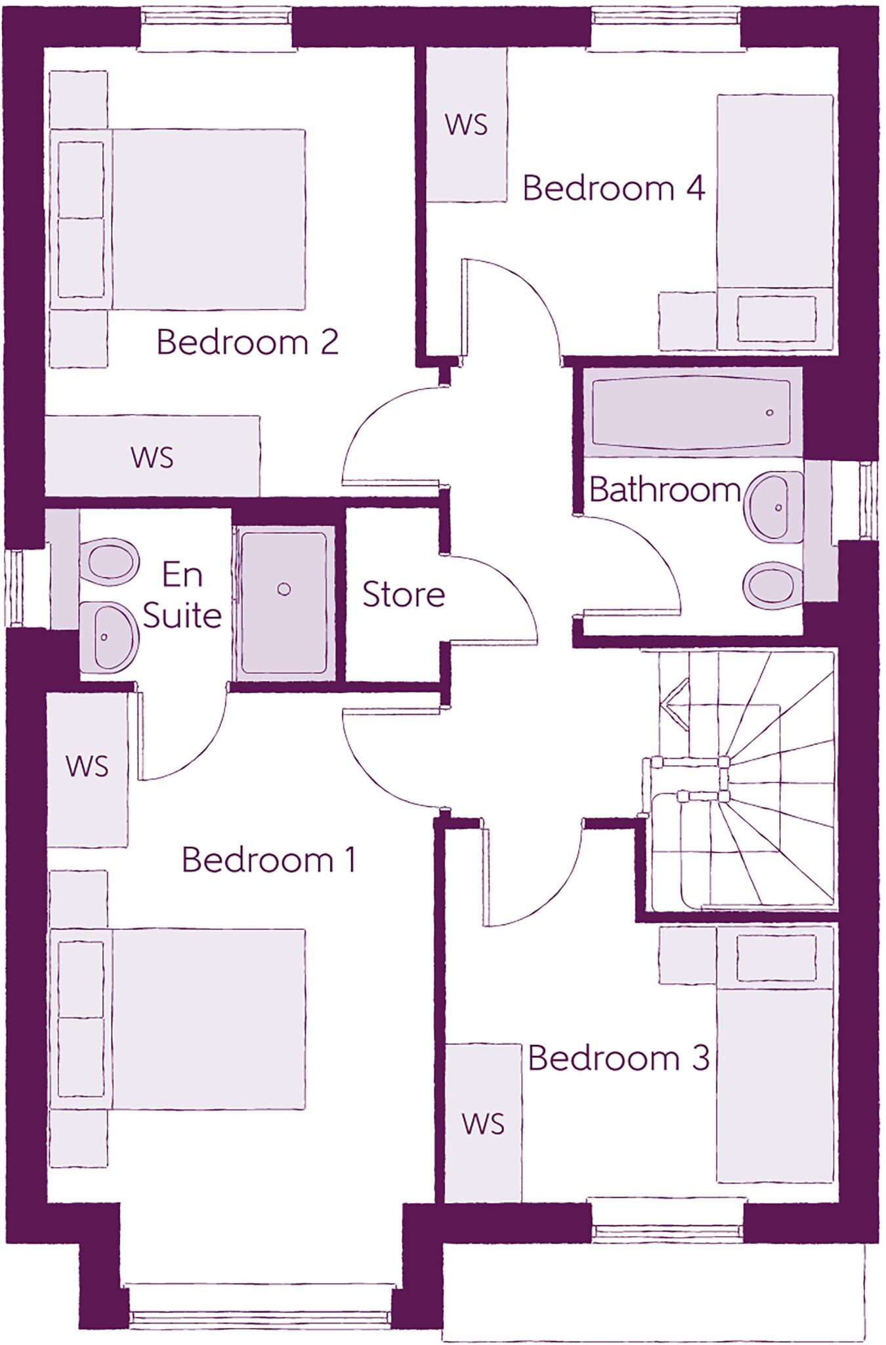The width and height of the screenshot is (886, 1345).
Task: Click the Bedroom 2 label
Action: pos(247,343)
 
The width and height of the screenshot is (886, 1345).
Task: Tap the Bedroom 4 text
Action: pos(614,188)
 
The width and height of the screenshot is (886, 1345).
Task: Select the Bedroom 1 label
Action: pos(268,860)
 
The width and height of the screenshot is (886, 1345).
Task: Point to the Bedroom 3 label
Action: pos(618,1058)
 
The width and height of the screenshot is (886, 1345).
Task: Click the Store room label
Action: pos(404,595)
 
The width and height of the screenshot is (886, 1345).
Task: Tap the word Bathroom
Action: pos(665,490)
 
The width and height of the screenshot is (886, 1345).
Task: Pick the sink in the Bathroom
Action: pos(774,506)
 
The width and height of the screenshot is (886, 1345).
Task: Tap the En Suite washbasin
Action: pos(109,636)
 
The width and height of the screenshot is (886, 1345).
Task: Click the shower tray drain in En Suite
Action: pos(284,589)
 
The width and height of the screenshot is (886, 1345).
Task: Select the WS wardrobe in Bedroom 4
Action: pos(467,124)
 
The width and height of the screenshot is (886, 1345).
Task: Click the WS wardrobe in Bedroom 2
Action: pos(152,457)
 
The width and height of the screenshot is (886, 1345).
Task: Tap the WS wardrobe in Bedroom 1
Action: pos(87,766)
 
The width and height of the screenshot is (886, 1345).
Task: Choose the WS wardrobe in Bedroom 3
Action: pos(483,1124)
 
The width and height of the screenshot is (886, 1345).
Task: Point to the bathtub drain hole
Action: pos(770,413)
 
